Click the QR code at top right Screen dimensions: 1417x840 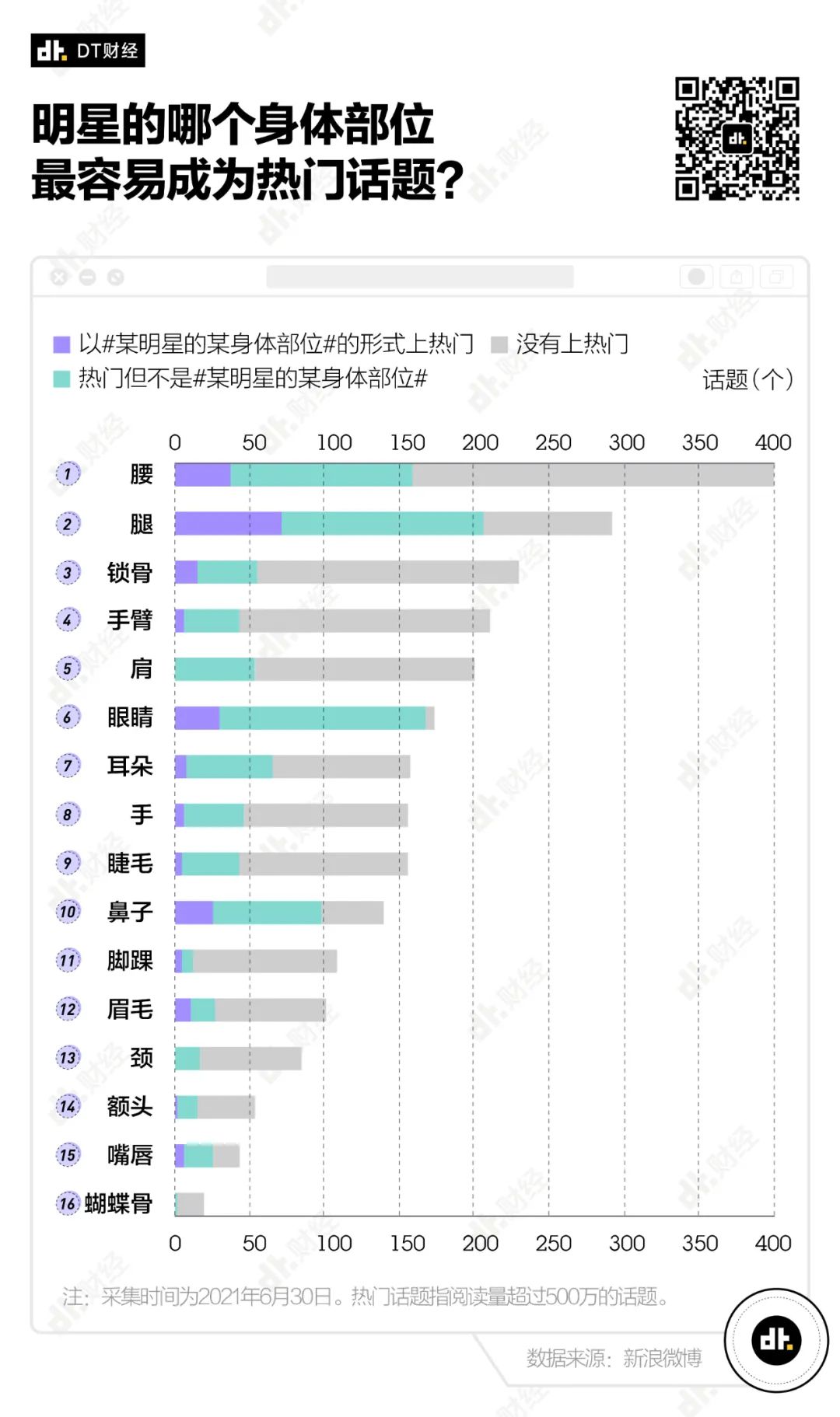737,138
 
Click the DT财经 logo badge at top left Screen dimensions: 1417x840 88,51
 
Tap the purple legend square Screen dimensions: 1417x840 61,344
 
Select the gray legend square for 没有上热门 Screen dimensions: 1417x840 499,344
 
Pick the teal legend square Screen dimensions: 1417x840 61,379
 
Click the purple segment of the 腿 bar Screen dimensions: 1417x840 228,523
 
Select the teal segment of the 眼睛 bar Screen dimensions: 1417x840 322,717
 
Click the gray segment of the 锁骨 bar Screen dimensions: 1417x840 387,572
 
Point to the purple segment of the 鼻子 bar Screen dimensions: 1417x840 194,913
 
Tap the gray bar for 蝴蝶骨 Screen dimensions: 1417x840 191,1204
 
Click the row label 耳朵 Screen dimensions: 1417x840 130,766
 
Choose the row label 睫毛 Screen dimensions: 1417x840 130,864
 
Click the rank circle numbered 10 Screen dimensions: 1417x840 68,912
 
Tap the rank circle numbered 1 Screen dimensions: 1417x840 68,474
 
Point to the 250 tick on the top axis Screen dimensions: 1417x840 553,442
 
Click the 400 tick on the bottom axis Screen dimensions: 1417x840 772,1243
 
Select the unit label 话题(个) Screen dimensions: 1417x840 747,379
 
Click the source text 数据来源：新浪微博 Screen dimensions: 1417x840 614,1357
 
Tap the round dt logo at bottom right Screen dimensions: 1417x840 775,1339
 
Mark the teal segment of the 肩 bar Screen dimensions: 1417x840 215,669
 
